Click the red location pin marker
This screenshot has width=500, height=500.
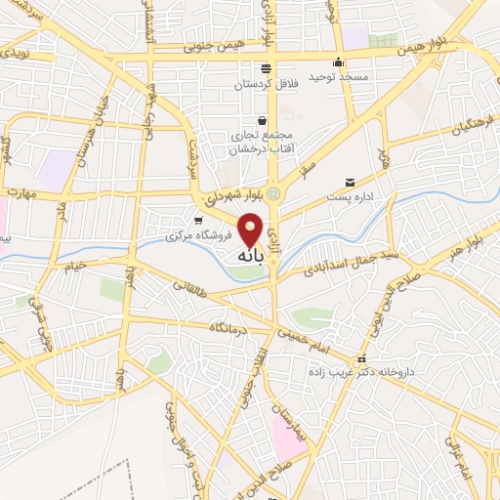coord(251,229)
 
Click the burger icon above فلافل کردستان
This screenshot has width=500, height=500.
coord(266,67)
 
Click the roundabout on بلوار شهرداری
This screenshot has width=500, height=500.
coord(273,194)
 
